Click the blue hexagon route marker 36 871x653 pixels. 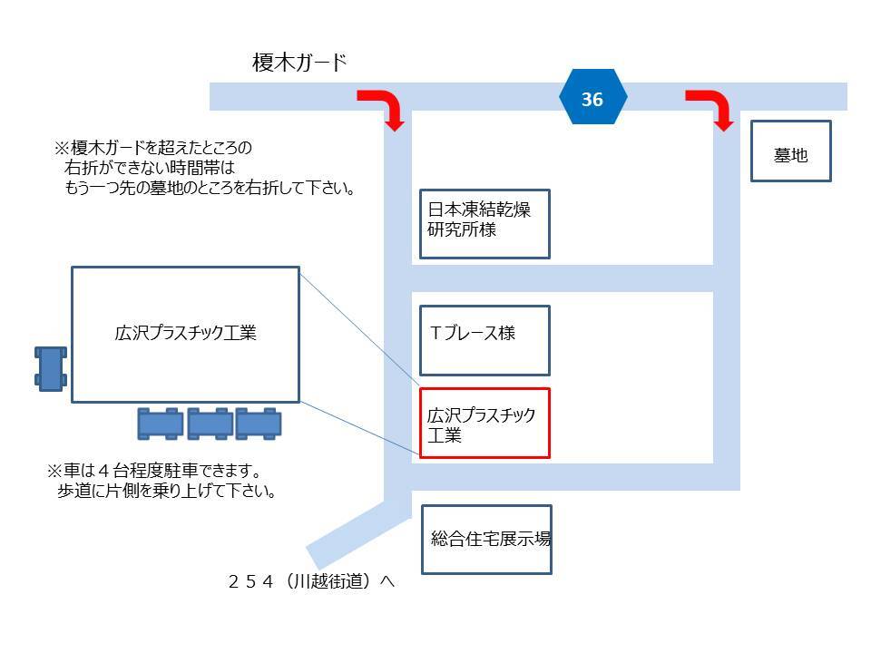tap(592, 98)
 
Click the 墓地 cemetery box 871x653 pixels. tap(790, 151)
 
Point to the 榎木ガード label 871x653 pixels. tap(299, 63)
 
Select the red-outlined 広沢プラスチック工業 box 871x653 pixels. tap(484, 423)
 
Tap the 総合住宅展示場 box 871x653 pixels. tap(486, 539)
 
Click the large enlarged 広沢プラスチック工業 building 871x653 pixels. tap(185, 334)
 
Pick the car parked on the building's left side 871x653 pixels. tap(51, 366)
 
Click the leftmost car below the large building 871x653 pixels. tap(161, 424)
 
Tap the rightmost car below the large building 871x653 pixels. tap(259, 424)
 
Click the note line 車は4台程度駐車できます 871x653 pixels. tap(154, 472)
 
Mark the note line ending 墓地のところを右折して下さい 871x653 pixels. tap(208, 190)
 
